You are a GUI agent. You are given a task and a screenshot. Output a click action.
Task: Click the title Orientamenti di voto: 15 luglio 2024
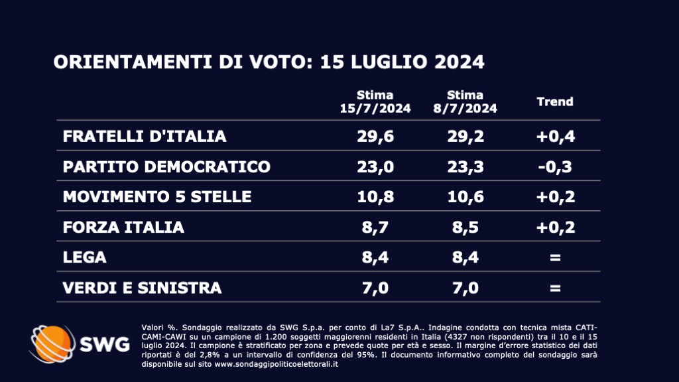click(x=269, y=62)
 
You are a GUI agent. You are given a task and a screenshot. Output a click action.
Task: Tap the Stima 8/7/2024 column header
click(x=465, y=101)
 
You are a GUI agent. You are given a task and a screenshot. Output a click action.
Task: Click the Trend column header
click(x=554, y=102)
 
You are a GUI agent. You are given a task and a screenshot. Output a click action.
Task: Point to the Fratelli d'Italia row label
click(x=145, y=137)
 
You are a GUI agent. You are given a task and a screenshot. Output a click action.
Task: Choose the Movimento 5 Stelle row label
click(x=157, y=197)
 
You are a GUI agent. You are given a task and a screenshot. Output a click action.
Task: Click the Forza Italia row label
click(x=123, y=227)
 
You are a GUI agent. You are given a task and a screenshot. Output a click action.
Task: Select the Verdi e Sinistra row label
click(x=142, y=288)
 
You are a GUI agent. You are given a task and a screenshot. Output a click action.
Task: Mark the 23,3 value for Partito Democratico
click(x=465, y=166)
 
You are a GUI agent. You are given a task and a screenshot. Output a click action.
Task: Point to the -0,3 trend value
click(x=554, y=166)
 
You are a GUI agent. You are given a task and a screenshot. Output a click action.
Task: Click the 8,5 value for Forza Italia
click(x=465, y=227)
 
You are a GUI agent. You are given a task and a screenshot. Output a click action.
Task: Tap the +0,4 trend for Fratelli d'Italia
click(x=554, y=137)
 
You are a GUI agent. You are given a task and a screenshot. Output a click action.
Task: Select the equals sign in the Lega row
click(x=554, y=257)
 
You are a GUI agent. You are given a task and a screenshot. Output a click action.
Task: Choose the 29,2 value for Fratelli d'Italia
click(x=465, y=137)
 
